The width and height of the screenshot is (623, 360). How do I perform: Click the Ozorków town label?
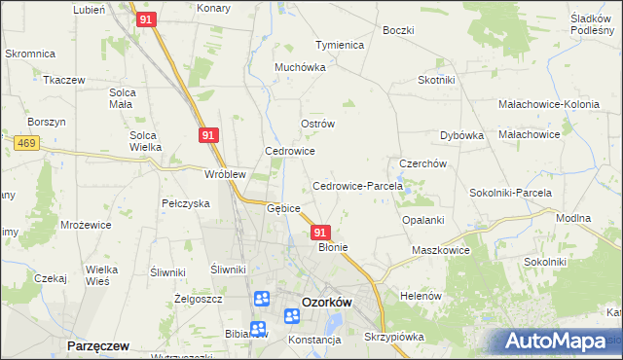click(326, 302)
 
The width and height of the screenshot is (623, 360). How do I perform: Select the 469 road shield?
click(26, 143)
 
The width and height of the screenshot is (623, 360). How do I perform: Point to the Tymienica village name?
click(340, 46)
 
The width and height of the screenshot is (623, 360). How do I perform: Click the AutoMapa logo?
click(556, 342)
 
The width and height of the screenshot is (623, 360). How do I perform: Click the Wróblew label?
click(224, 174)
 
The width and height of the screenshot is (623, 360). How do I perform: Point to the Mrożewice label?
click(86, 224)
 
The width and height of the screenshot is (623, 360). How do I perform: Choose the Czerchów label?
click(422, 163)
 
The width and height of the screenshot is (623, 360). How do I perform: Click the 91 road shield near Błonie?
click(321, 233)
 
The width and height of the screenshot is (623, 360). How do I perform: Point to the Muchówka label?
click(298, 68)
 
